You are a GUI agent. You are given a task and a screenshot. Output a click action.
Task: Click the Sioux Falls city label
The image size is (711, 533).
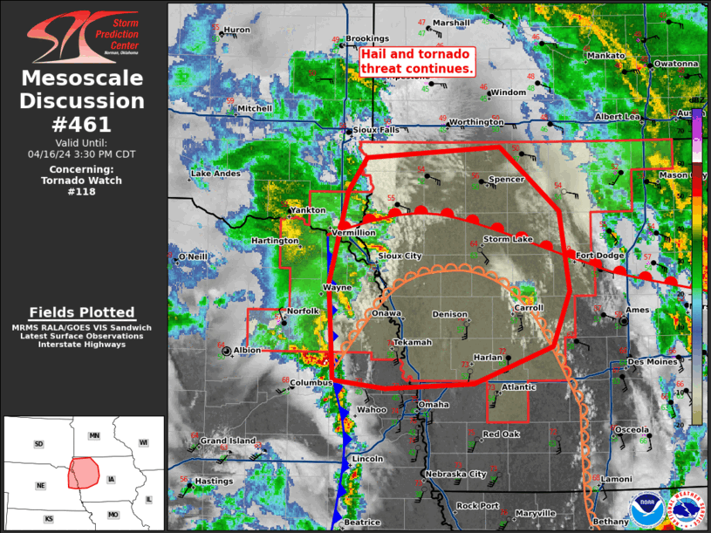377,130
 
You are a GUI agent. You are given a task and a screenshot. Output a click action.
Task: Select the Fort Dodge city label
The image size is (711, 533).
599,256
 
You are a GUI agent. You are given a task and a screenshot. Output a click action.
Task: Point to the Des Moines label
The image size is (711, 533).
653,362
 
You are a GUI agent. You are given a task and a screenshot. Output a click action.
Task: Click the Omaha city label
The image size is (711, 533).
434,405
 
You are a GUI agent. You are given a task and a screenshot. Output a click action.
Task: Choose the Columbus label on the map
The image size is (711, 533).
311,383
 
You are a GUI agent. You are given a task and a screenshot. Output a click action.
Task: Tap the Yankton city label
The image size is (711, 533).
308,210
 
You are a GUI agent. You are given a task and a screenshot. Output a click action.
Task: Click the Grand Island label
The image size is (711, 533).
229,441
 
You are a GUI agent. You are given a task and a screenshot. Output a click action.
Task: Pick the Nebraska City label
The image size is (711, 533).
455,475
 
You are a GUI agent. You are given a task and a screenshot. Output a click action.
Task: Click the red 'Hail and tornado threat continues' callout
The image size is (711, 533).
417,61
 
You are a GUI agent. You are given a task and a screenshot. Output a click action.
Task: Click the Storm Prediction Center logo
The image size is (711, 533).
83,35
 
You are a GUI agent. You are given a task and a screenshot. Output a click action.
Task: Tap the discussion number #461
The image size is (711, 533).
83,123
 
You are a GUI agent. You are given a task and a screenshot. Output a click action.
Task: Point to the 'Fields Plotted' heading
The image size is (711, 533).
82,312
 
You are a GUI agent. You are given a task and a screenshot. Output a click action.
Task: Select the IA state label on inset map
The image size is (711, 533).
111,479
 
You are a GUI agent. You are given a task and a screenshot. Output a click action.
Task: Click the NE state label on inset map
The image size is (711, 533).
40,485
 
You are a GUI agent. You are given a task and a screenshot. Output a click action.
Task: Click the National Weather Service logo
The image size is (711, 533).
685,511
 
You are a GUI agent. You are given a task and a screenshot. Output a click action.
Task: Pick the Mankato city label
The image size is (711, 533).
605,56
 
